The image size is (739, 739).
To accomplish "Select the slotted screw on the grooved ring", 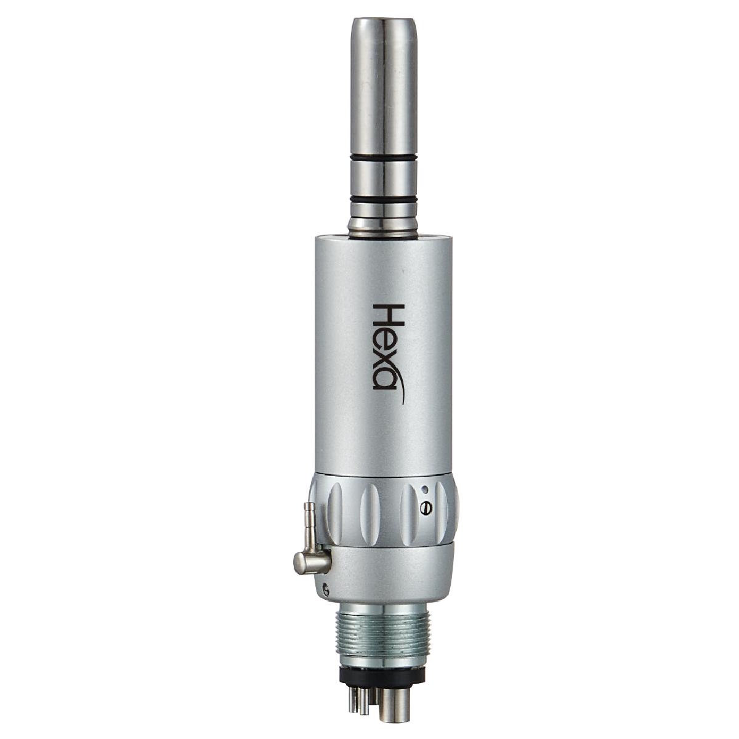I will tap(424, 507).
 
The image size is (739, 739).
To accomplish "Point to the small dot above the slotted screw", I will tap(424, 490).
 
